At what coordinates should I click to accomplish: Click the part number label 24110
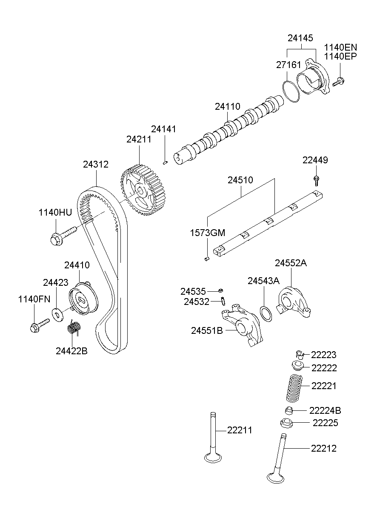coord(227,107)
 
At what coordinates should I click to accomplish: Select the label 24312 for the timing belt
coord(96,164)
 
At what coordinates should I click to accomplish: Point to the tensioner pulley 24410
coord(83,300)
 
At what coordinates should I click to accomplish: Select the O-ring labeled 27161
coord(291,91)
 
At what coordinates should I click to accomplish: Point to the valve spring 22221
coord(293,387)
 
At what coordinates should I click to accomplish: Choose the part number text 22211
coord(240,430)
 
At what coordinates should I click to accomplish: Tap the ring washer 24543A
coord(266,314)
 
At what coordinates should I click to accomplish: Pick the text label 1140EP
coord(340,56)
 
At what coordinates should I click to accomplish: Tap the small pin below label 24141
coord(166,162)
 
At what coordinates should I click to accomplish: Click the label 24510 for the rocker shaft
coord(240,180)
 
